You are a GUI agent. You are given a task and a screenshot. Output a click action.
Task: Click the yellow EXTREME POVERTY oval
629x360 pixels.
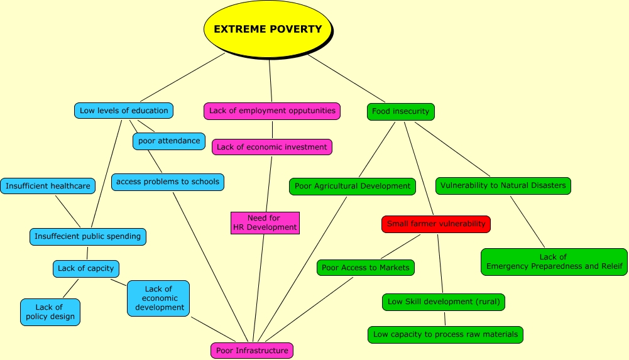[x=268, y=30]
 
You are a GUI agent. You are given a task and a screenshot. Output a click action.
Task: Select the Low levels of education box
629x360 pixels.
[x=124, y=111]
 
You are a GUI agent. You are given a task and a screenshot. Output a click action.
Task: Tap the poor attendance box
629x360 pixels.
[x=169, y=141]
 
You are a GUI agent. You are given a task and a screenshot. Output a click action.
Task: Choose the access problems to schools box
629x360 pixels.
[x=168, y=182]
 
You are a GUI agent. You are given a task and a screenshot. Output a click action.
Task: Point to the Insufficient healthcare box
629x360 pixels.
[x=48, y=186]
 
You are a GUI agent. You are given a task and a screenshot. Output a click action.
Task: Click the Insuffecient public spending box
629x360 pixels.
[x=88, y=236]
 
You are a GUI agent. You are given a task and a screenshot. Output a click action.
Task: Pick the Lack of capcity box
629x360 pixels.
[x=86, y=268]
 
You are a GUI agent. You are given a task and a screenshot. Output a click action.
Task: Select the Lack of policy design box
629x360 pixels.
[x=50, y=312]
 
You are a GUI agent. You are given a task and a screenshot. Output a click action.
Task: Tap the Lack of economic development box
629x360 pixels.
[x=158, y=298]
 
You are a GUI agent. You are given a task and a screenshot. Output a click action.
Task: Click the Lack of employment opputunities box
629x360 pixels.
[x=272, y=111]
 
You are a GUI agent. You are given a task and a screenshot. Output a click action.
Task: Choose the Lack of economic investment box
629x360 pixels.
[x=272, y=147]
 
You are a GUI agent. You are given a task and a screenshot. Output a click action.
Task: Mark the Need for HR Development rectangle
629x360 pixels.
[x=265, y=222]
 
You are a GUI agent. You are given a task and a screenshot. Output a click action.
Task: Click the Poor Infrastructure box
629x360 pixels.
[x=252, y=351]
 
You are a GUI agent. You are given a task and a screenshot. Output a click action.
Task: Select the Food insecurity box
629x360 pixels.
[x=400, y=111]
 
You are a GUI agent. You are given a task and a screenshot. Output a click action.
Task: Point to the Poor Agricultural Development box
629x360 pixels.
[x=352, y=186]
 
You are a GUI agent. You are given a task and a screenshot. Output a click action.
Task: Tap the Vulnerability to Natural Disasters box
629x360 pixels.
[x=503, y=185]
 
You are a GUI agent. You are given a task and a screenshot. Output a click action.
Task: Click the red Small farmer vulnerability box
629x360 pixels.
[x=436, y=224]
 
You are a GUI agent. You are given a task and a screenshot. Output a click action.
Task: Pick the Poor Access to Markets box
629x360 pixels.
[x=365, y=268]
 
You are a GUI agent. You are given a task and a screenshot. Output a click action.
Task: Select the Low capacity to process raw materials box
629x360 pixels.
[x=446, y=334]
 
